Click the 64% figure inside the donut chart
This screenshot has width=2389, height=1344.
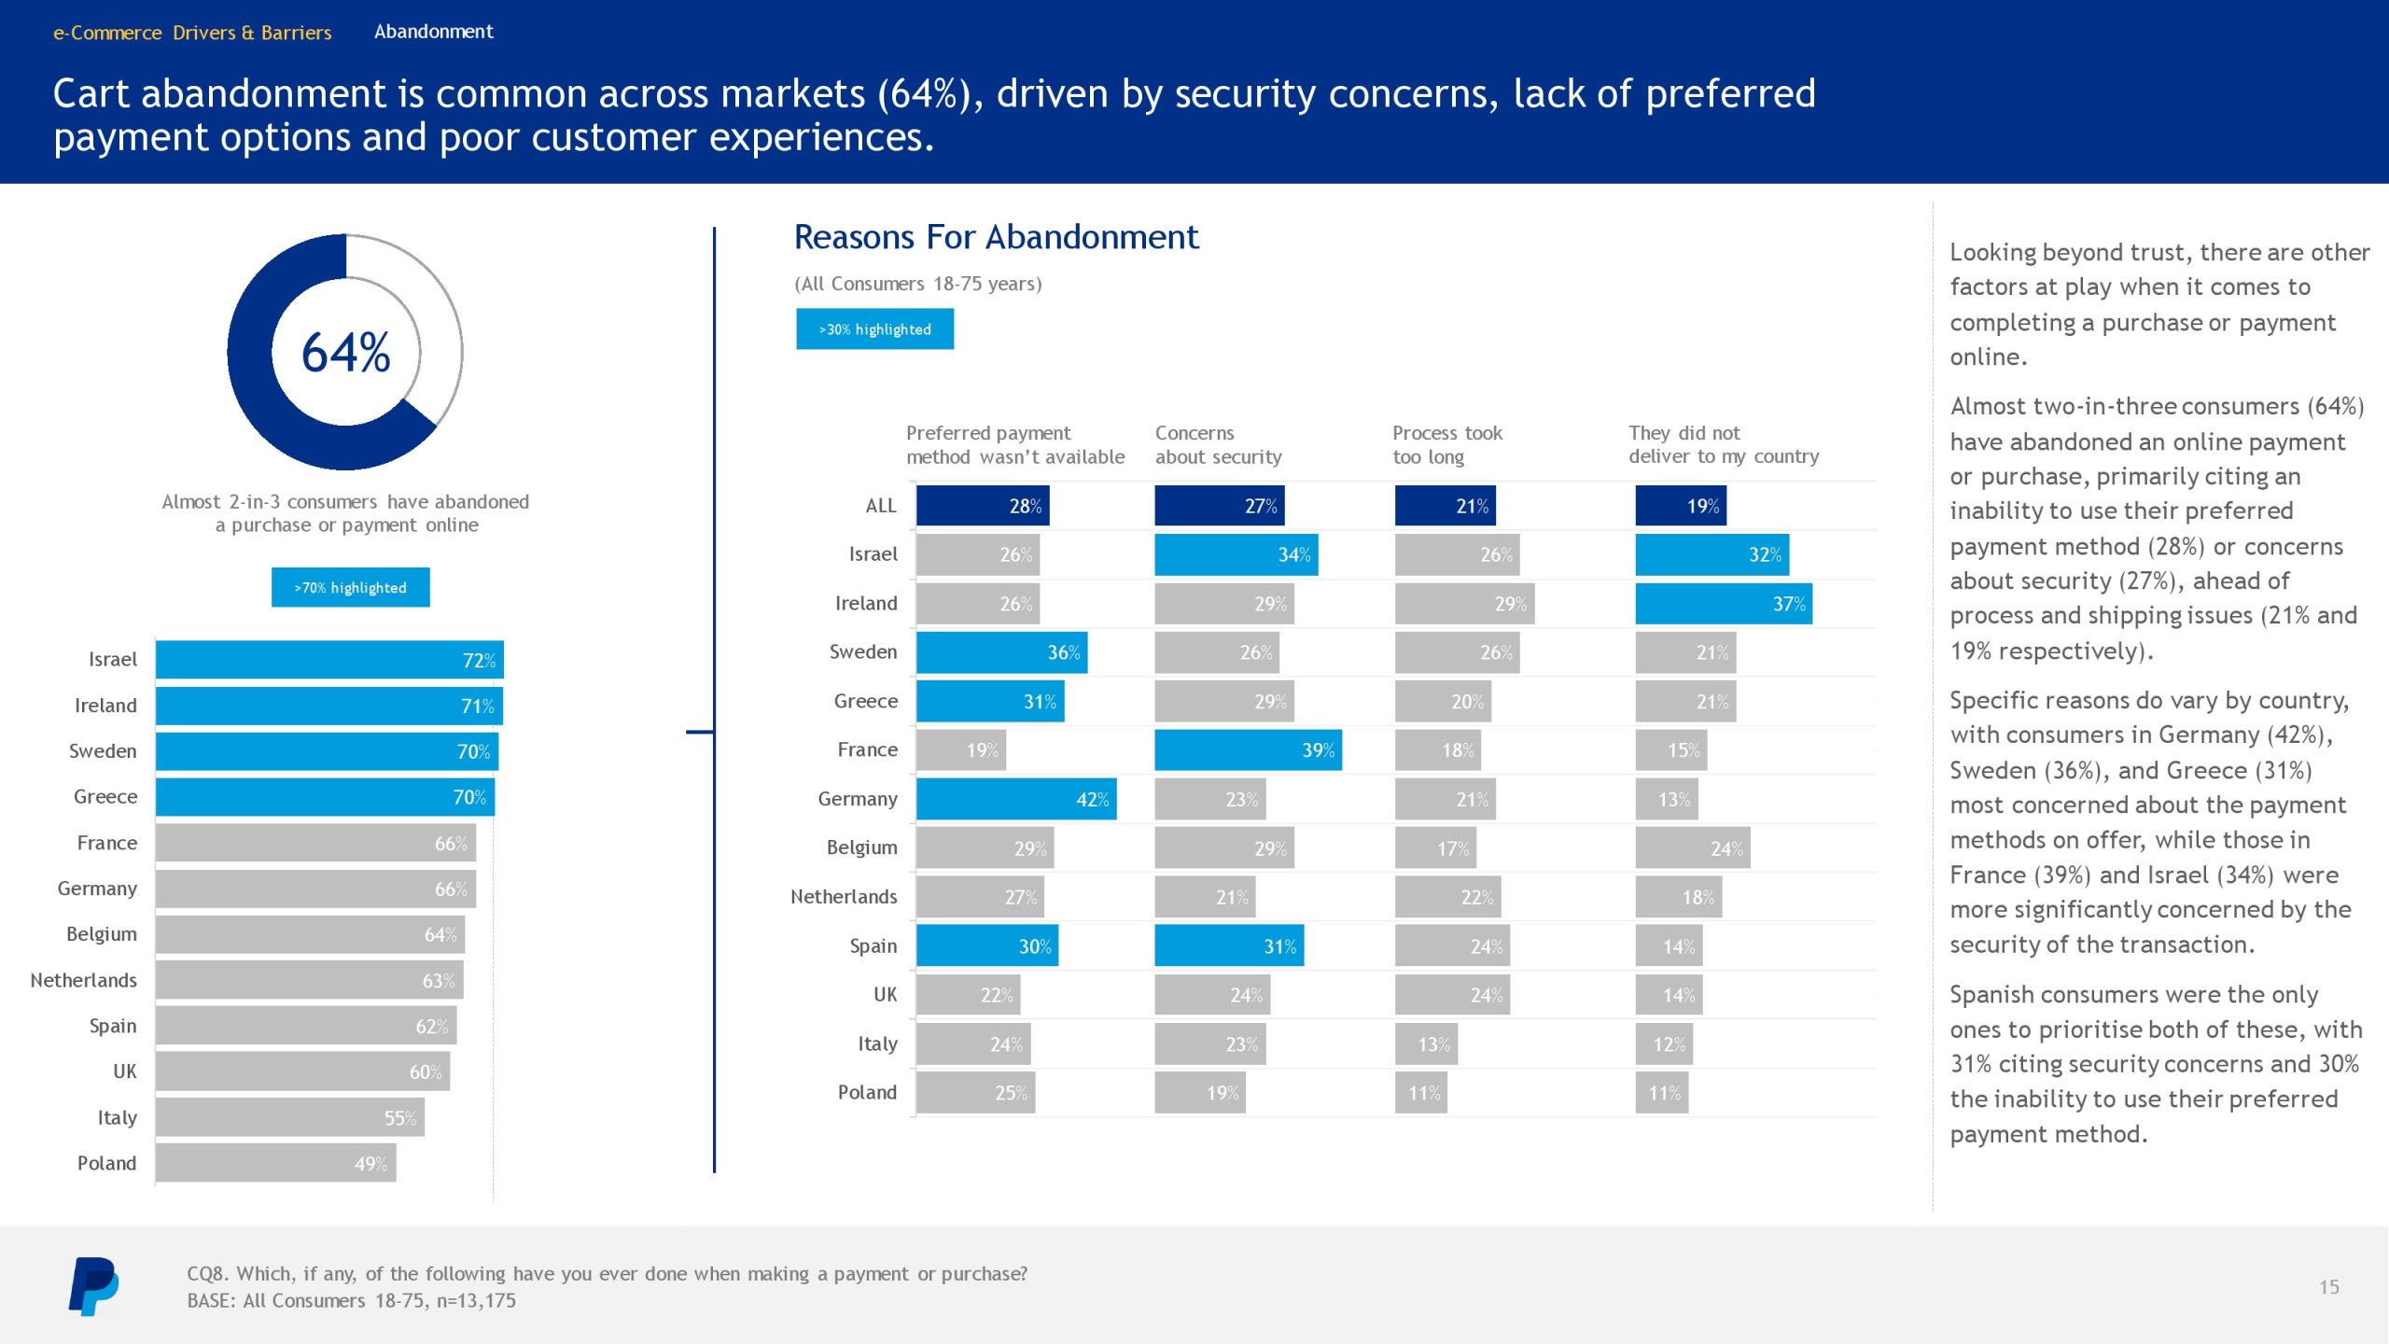click(345, 353)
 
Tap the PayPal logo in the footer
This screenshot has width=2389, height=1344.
click(93, 1286)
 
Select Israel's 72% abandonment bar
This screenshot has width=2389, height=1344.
click(328, 660)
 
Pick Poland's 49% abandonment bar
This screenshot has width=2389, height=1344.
click(275, 1163)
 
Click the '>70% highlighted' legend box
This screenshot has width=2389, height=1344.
click(350, 587)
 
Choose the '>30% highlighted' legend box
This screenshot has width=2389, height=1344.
click(874, 329)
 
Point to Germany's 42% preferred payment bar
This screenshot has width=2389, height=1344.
click(1015, 800)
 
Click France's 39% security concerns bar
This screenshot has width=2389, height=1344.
click(1248, 750)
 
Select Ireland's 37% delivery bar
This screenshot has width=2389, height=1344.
click(1723, 604)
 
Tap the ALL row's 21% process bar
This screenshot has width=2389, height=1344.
click(1445, 506)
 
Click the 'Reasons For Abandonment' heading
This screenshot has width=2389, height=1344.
click(996, 237)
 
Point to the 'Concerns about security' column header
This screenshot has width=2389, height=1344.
click(1218, 445)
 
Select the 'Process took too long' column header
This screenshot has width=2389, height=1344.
click(1446, 445)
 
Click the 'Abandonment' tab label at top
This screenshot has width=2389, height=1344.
click(434, 32)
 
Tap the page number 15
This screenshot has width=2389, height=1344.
click(2328, 1287)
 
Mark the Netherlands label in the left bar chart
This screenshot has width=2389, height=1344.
click(83, 980)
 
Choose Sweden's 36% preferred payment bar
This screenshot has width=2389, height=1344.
click(1001, 652)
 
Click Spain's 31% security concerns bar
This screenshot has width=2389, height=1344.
click(1228, 946)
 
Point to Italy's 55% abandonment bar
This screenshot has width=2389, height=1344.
click(289, 1118)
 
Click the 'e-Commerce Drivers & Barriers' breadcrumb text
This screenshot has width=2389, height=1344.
click(192, 33)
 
